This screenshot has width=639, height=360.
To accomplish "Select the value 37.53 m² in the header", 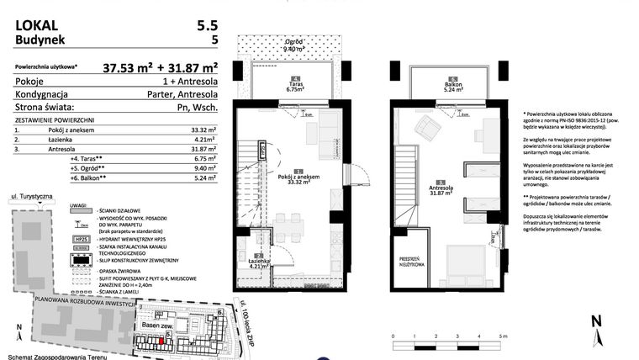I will tap(131, 68).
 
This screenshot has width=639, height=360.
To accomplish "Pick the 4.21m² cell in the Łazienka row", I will tap(206, 140).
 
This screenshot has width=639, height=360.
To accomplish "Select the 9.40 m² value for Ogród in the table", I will tap(206, 167).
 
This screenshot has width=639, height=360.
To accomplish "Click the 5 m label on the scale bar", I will tap(503, 336).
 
